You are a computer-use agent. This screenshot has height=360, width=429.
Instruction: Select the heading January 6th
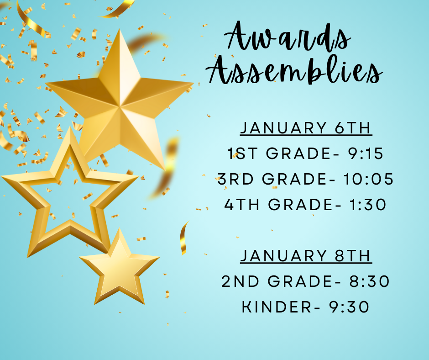click(x=306, y=128)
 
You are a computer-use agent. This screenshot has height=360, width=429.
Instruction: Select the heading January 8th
click(x=306, y=256)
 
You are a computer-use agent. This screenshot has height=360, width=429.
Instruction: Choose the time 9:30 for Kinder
click(x=349, y=307)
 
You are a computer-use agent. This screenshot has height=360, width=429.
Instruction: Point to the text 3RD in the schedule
click(x=235, y=180)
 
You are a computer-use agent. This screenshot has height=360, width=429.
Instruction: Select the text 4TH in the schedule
click(x=243, y=205)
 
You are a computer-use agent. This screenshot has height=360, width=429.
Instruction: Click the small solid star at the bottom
click(x=119, y=270)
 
